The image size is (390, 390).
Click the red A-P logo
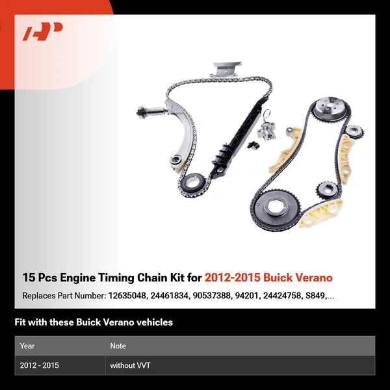coord(43,32)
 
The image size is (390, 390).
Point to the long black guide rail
coord(231,143)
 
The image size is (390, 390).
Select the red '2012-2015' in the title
coord(232,278)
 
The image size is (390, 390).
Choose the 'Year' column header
coord(27,346)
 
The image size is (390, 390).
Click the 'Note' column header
coord(118,346)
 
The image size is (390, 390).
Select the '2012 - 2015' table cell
coord(40,366)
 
